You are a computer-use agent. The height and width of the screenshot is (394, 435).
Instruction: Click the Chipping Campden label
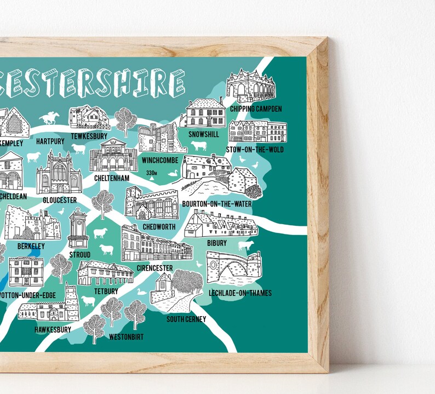pyautogui.click(x=256, y=109)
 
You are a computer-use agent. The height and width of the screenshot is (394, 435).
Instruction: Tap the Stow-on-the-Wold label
pyautogui.click(x=255, y=149)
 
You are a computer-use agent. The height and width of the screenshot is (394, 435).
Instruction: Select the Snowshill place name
pyautogui.click(x=203, y=134)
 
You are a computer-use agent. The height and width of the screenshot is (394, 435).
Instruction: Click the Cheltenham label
pyautogui.click(x=111, y=178)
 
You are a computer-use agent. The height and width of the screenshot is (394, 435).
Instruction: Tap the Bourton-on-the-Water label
pyautogui.click(x=216, y=204)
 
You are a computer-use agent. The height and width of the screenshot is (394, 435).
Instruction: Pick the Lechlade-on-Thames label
pyautogui.click(x=241, y=293)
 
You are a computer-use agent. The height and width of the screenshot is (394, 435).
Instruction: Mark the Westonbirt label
pyautogui.click(x=126, y=336)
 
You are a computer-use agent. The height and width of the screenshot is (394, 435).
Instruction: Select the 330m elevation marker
pyautogui.click(x=152, y=174)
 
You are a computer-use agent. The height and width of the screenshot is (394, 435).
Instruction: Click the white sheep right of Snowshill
pyautogui.click(x=198, y=146)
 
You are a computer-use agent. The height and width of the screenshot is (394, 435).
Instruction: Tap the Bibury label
pyautogui.click(x=217, y=242)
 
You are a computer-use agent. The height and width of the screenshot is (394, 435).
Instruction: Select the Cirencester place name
pyautogui.click(x=154, y=268)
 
